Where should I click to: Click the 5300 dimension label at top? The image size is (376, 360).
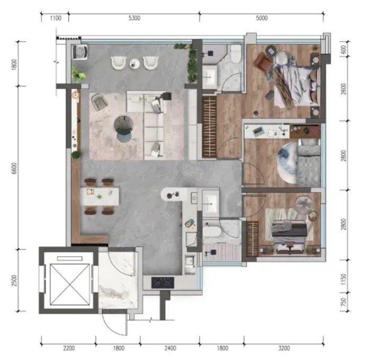pyautogui.click(x=135, y=18)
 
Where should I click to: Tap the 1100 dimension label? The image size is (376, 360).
pyautogui.click(x=56, y=18)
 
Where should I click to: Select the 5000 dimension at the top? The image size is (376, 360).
pyautogui.click(x=262, y=18)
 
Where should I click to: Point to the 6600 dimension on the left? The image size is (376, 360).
pyautogui.click(x=14, y=168)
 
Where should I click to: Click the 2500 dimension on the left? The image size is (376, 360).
pyautogui.click(x=14, y=280)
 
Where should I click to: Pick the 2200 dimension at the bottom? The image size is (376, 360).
pyautogui.click(x=69, y=348)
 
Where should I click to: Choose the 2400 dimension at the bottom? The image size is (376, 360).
pyautogui.click(x=170, y=348)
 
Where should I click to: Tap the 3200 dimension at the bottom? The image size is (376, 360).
pyautogui.click(x=284, y=348)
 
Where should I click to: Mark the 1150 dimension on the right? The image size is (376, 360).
pyautogui.click(x=344, y=280)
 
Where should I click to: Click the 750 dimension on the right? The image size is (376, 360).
pyautogui.click(x=344, y=302)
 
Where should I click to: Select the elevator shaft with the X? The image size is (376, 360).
pyautogui.click(x=69, y=284)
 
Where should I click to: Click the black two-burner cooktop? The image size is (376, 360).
pyautogui.click(x=163, y=283)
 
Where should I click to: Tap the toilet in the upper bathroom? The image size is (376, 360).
pyautogui.click(x=236, y=53)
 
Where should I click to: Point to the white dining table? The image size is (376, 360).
pyautogui.click(x=100, y=196)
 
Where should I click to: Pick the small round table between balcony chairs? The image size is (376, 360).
pyautogui.click(x=135, y=64)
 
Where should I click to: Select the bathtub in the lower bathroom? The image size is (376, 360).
pyautogui.click(x=211, y=232)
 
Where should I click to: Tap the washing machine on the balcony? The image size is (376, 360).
pyautogui.click(x=80, y=52)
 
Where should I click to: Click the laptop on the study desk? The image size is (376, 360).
pyautogui.click(x=258, y=131)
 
